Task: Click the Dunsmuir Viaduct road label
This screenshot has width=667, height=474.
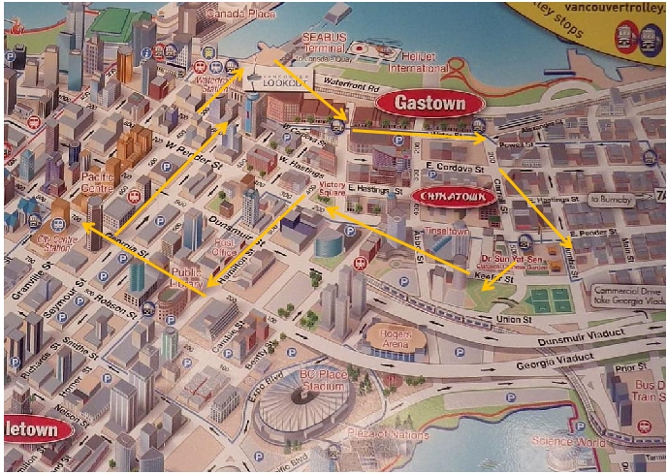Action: tap(523, 329)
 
